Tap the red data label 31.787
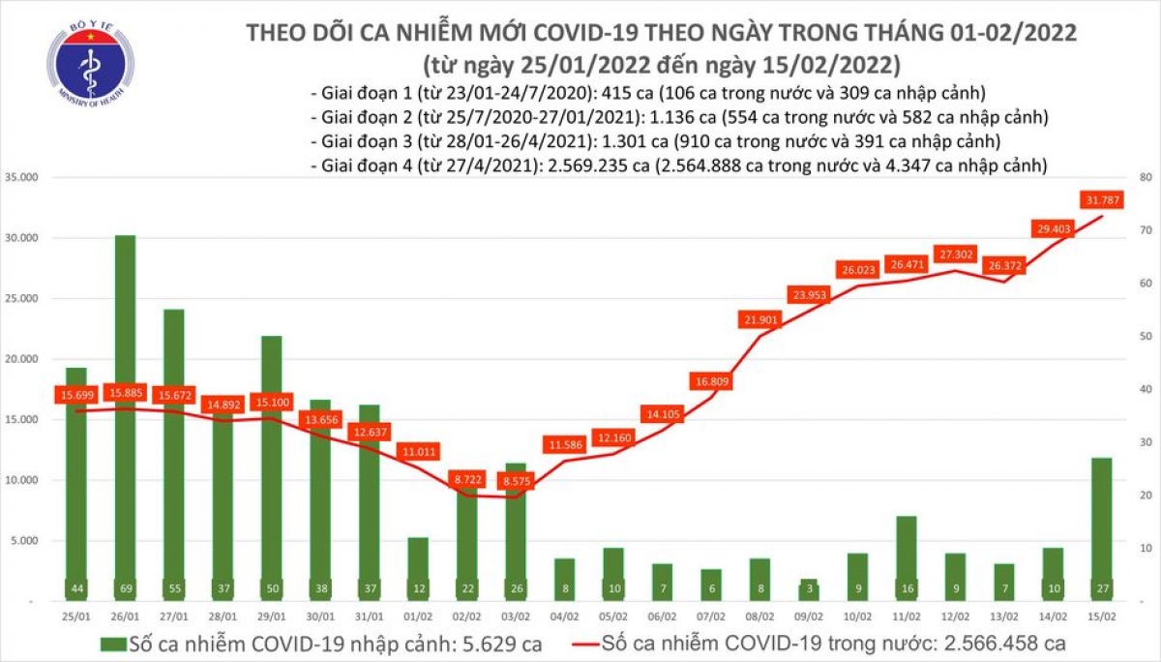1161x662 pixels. [1103, 201]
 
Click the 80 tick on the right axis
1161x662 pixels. [1143, 178]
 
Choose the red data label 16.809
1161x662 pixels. [711, 381]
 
